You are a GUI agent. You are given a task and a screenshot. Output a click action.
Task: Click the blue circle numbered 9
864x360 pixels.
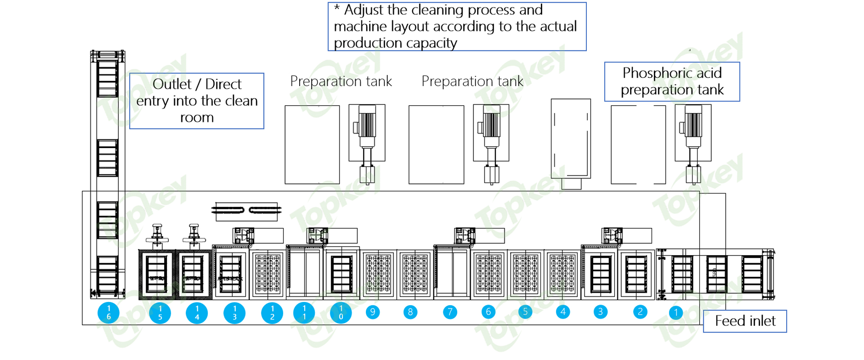[x=373, y=312]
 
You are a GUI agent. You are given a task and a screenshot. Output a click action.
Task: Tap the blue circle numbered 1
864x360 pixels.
[x=675, y=312]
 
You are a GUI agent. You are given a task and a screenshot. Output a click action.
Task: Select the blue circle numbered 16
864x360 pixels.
[x=108, y=313]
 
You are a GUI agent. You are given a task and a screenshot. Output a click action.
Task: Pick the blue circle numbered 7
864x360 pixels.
[x=450, y=312]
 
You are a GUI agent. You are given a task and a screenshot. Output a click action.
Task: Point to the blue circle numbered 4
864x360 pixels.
[x=563, y=312]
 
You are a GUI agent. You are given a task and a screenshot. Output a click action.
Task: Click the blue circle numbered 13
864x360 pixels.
[x=234, y=313]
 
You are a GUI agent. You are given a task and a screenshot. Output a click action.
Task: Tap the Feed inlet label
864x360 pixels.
[x=745, y=321]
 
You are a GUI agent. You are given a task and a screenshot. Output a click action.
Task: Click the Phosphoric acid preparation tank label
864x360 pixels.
[x=672, y=81]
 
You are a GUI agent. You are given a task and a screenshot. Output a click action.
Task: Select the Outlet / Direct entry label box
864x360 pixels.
[x=197, y=101]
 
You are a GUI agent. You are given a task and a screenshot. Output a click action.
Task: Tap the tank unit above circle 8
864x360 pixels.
[x=415, y=274]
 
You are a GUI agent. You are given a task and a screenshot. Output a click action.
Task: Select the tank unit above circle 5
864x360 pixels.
[x=526, y=274]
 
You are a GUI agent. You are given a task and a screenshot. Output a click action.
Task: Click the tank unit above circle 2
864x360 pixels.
[x=636, y=274]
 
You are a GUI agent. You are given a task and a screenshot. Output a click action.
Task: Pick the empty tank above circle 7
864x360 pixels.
[x=452, y=274]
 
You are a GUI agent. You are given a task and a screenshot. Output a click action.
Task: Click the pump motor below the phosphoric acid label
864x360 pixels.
[x=693, y=133]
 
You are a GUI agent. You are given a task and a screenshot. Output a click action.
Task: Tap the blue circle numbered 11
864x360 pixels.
[x=304, y=313]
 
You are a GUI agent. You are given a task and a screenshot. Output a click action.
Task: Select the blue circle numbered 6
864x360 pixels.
[x=488, y=312]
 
